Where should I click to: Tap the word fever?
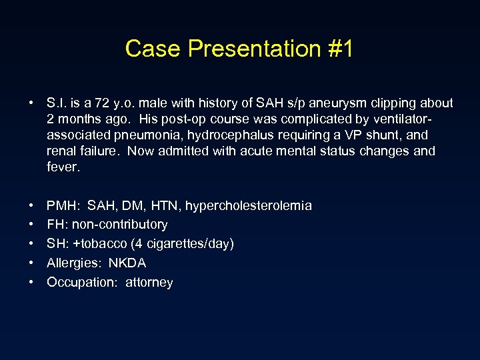click(62, 167)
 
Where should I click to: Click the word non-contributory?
click(120, 225)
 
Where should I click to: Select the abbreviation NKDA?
click(127, 263)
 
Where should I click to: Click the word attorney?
click(149, 283)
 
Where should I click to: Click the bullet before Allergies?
click(31, 263)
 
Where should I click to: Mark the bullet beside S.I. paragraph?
click(31, 103)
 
